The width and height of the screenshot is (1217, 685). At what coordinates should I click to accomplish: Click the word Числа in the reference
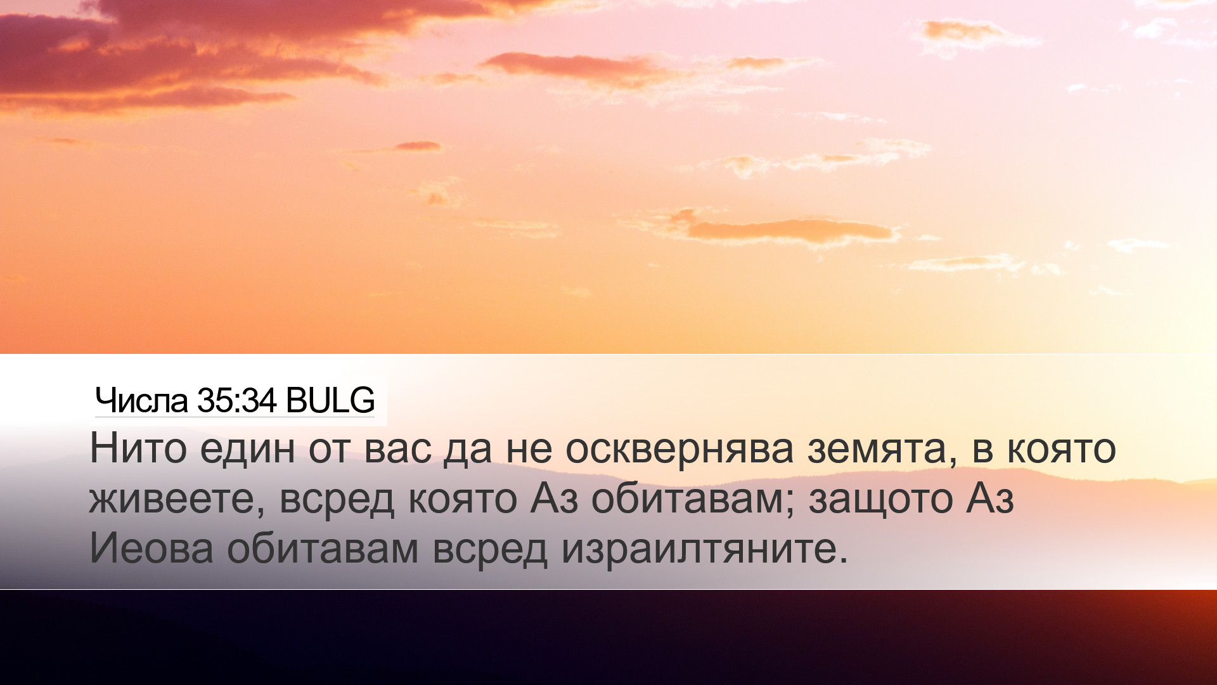pos(141,400)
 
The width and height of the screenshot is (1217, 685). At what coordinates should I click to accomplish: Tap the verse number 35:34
pos(237,400)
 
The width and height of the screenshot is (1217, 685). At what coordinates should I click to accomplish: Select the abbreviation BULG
pos(330,400)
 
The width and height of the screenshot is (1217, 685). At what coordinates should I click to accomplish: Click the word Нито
pos(138,448)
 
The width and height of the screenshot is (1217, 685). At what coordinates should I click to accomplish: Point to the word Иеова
pos(151,548)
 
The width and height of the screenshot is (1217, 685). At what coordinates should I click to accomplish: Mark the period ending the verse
pos(842,561)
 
